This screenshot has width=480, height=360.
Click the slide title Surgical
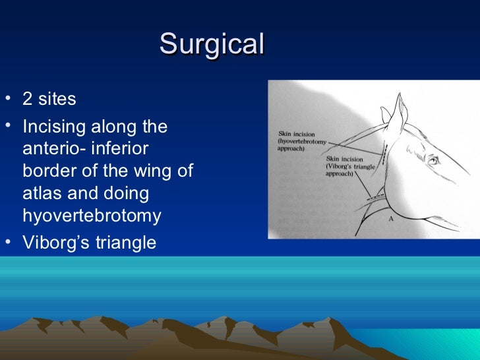212,44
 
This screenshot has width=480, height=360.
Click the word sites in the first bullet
57,100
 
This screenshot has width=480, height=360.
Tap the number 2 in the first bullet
28,100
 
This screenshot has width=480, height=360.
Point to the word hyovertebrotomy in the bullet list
92,216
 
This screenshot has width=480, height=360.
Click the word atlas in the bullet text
42,194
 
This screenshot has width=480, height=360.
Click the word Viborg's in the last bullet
56,243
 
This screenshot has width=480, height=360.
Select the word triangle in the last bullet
126,243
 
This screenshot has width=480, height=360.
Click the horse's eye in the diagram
433,160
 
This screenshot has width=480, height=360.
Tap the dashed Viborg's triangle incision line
376,195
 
